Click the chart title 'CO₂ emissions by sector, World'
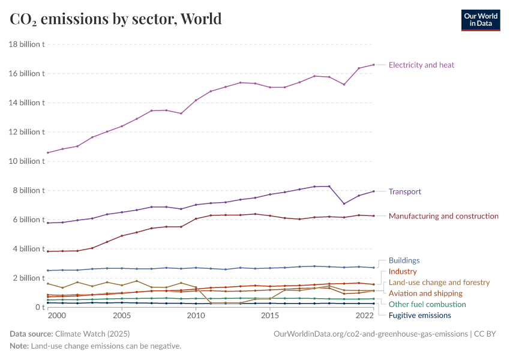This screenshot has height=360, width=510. tap(116, 19)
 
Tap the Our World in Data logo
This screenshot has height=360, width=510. tap(480, 20)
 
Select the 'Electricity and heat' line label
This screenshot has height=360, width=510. tap(421, 65)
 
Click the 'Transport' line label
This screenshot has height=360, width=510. tap(404, 192)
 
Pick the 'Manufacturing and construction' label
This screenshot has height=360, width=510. tap(443, 216)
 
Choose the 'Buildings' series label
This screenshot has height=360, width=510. tap(404, 261)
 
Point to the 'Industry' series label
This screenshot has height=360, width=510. tap(403, 272)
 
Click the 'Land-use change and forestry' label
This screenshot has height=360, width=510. tap(439, 283)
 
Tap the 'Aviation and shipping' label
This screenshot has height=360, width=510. tap(425, 293)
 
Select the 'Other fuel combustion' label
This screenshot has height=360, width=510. tap(427, 304)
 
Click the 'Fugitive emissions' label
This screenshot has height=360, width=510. tap(419, 316)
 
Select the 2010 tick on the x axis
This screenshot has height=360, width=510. tap(196, 316)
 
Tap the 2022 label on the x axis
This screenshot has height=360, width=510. tap(365, 316)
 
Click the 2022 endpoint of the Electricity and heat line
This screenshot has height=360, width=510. tap(373, 65)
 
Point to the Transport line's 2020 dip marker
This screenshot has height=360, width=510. tap(344, 203)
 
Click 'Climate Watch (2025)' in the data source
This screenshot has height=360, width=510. tap(92, 334)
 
